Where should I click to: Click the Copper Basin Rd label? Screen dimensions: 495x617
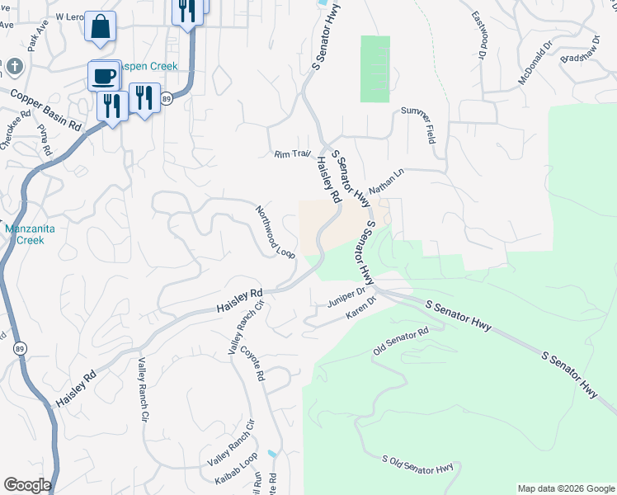point(46,108)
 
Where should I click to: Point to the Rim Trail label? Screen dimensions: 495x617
point(292,153)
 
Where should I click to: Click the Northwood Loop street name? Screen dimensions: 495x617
point(276,232)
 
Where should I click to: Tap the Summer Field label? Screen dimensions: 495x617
point(417,125)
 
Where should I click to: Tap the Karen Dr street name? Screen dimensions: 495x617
point(360,309)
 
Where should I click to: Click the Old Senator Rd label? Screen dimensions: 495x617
point(401,340)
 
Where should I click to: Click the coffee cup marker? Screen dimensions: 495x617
point(104,76)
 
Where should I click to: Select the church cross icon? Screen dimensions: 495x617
point(14,65)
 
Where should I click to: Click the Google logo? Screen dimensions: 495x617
point(27,485)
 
